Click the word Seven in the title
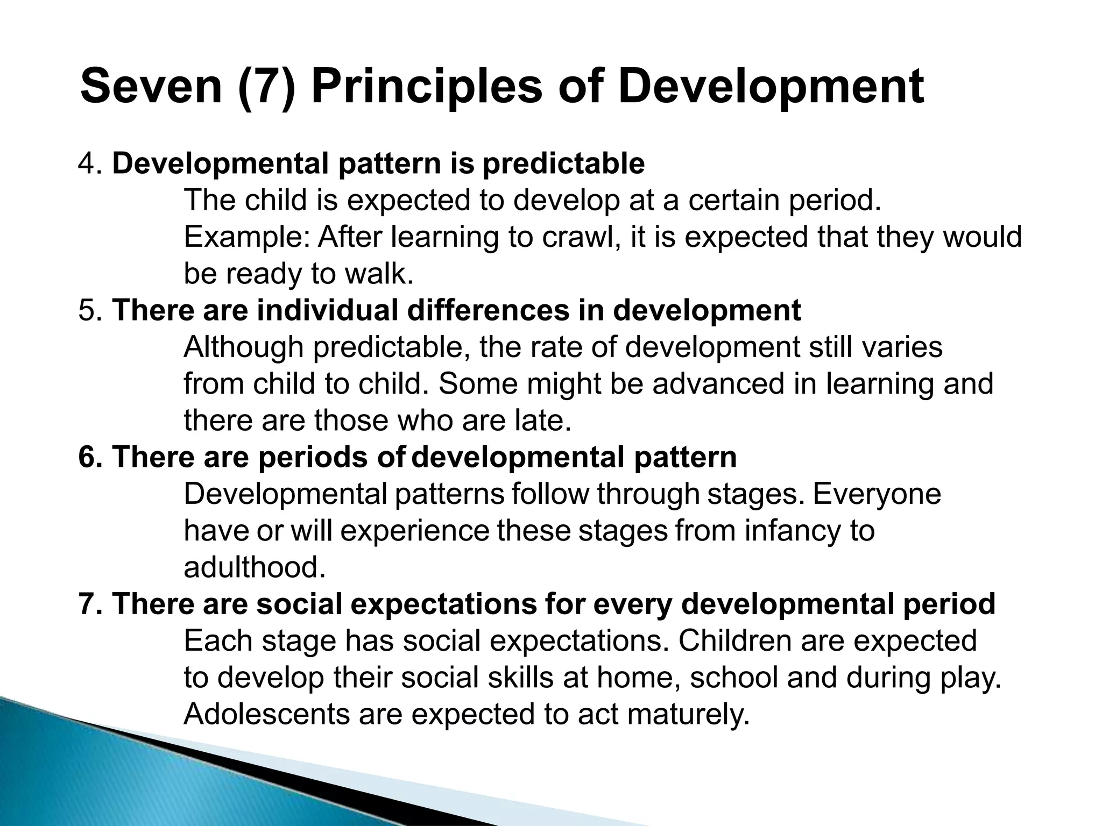pyautogui.click(x=151, y=87)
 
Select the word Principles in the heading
pyautogui.click(x=427, y=87)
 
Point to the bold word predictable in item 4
pyautogui.click(x=563, y=163)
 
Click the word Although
pyautogui.click(x=243, y=347)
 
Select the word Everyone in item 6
pyautogui.click(x=877, y=494)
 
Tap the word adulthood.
pyautogui.click(x=255, y=568)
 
